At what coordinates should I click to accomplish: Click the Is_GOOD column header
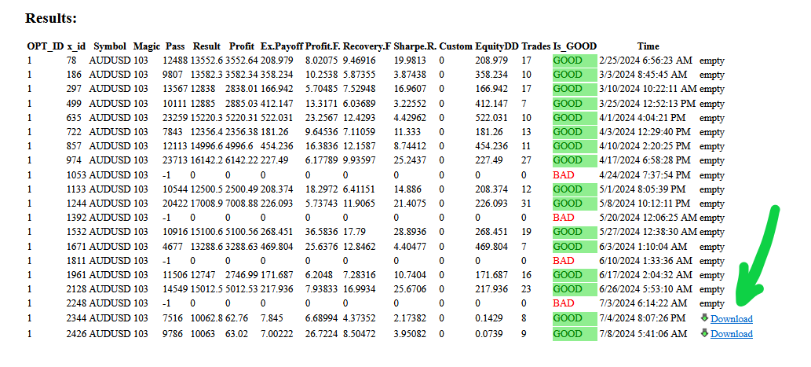point(575,46)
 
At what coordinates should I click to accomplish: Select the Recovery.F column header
point(366,46)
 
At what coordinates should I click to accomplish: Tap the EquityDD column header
point(495,46)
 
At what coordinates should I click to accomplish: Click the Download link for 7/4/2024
point(731,319)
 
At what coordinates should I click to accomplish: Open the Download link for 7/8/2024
point(731,334)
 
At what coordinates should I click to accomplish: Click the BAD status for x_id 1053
point(564,174)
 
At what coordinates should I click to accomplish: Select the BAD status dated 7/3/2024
point(564,304)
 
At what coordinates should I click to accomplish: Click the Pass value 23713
point(176,160)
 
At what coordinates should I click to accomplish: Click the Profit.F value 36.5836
point(321,233)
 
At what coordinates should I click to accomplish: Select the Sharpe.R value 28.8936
point(411,233)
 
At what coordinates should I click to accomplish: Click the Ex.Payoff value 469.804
point(279,247)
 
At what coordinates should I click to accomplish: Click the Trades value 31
point(526,204)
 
